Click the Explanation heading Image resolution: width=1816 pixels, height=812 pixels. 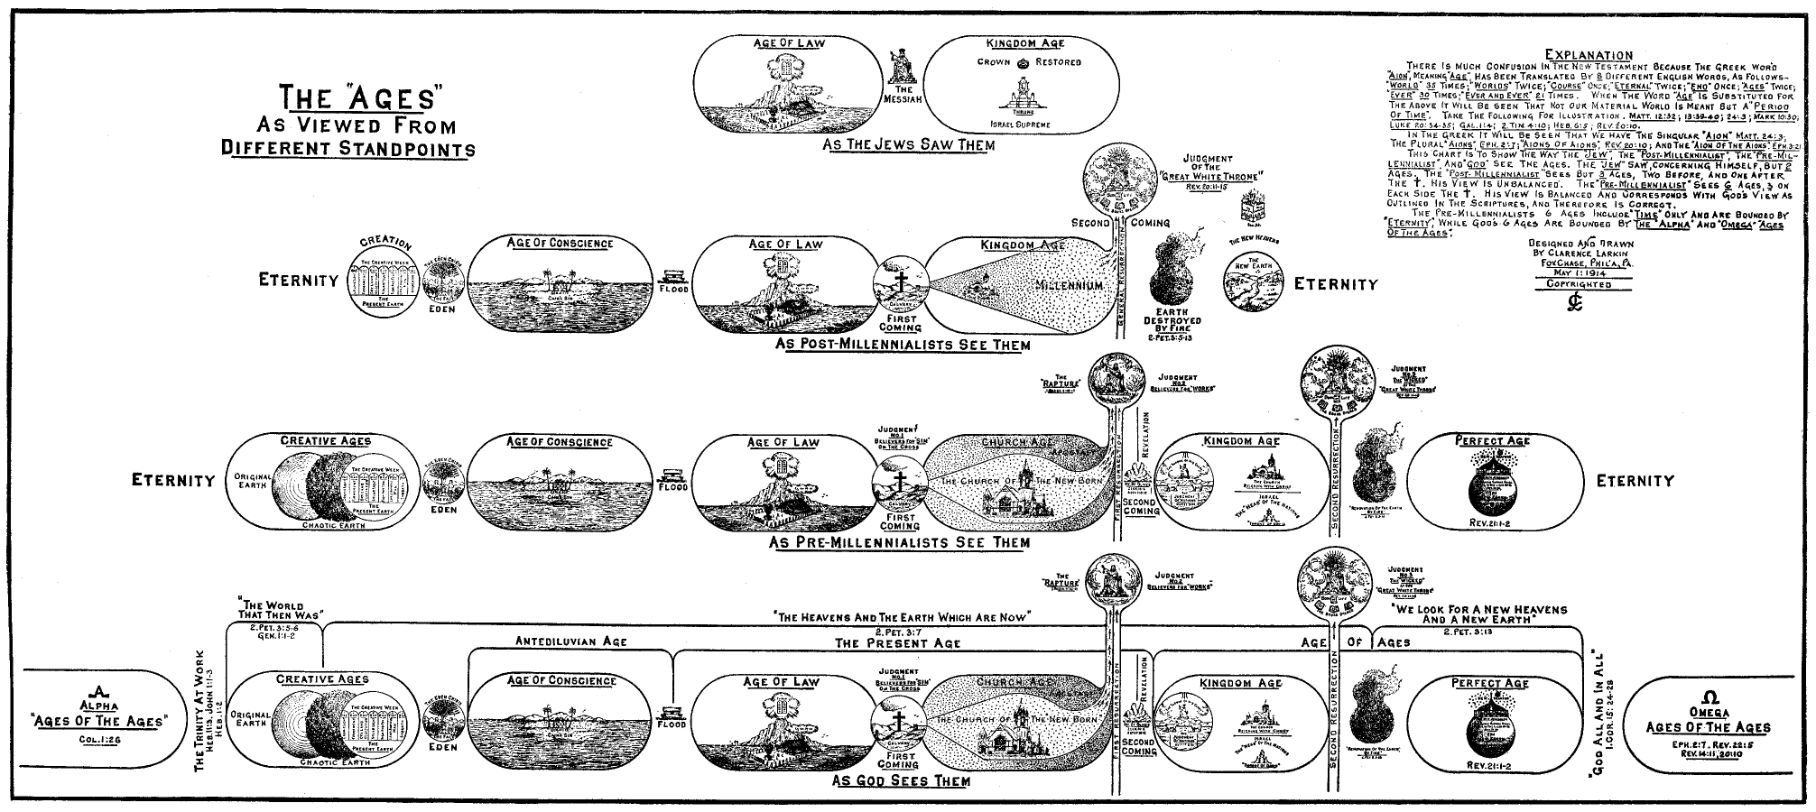[x=1588, y=55]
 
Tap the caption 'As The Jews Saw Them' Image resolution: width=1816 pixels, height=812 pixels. [x=908, y=144]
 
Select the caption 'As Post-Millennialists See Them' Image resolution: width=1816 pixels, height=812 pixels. [x=903, y=345]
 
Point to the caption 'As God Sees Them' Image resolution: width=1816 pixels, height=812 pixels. [x=901, y=780]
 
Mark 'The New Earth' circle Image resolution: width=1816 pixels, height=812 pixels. [x=1254, y=277]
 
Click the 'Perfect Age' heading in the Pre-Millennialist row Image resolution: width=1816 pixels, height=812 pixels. [x=1492, y=440]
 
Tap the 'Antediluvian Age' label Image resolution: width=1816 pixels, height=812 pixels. [x=570, y=641]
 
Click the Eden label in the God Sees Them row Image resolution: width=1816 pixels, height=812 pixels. [x=442, y=747]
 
